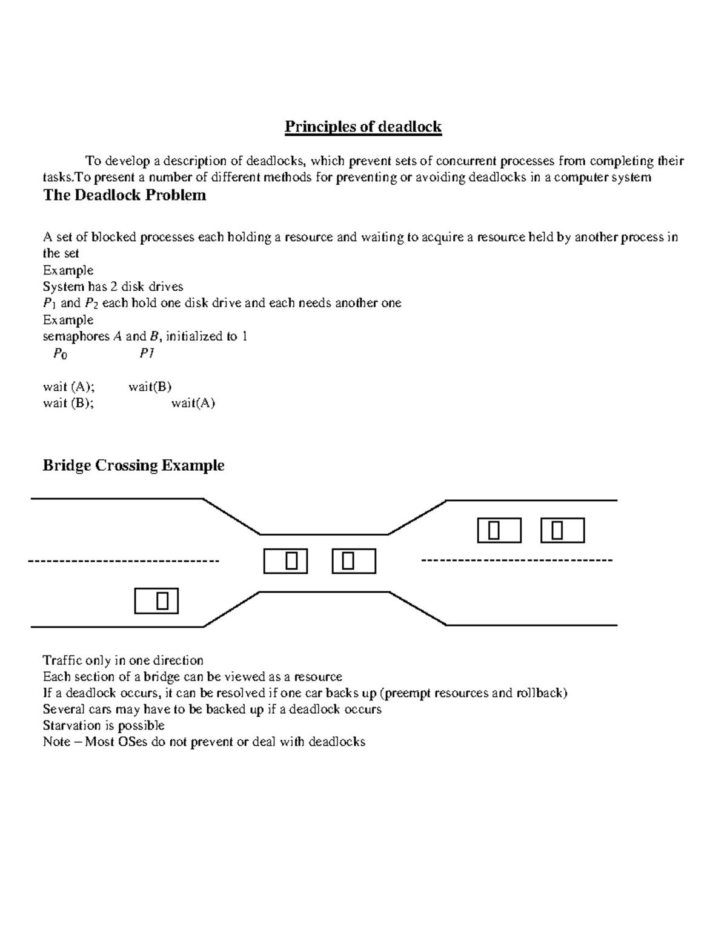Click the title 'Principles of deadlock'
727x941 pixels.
pyautogui.click(x=363, y=127)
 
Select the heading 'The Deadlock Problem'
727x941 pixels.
pyautogui.click(x=124, y=195)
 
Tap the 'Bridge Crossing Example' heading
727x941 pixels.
pyautogui.click(x=133, y=465)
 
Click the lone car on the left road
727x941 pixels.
pyautogui.click(x=156, y=601)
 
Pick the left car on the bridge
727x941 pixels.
pyautogui.click(x=285, y=561)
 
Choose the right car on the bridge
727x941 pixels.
pyautogui.click(x=354, y=561)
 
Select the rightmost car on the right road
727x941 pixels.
pyautogui.click(x=562, y=530)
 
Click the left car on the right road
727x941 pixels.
pyautogui.click(x=499, y=530)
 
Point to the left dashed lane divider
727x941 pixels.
pyautogui.click(x=124, y=562)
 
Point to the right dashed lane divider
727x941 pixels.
pyautogui.click(x=517, y=560)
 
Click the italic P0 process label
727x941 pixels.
pyautogui.click(x=59, y=354)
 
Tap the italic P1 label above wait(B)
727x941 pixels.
pyautogui.click(x=147, y=353)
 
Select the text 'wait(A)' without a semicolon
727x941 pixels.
pyautogui.click(x=193, y=403)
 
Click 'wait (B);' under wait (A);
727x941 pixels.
pyautogui.click(x=68, y=403)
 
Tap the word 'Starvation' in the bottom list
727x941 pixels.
pyautogui.click(x=71, y=725)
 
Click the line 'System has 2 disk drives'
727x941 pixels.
pyautogui.click(x=113, y=287)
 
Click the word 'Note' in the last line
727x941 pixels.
pyautogui.click(x=56, y=742)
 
